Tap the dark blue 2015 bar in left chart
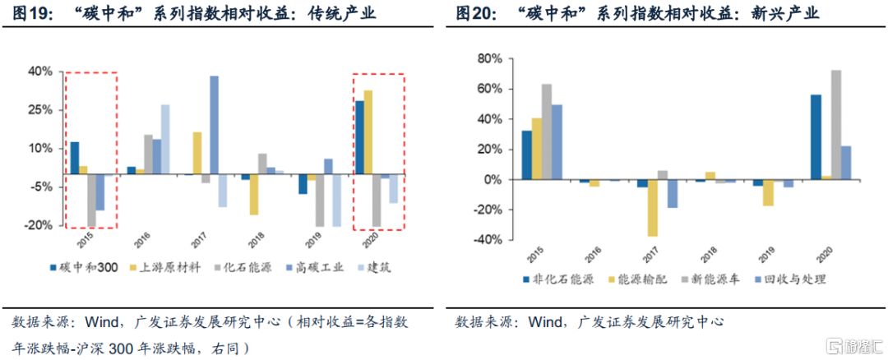pos(75,158)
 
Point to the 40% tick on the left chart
pos(40,72)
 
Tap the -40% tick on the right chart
pos(487,240)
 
